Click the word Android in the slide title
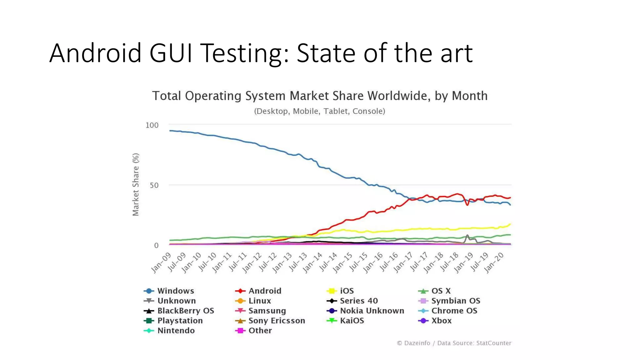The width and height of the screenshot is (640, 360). [95, 53]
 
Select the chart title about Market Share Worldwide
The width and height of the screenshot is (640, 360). [319, 96]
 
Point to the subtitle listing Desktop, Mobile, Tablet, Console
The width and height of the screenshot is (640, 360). [319, 111]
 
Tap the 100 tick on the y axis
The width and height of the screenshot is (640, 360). [152, 125]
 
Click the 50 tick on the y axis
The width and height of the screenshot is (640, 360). [154, 185]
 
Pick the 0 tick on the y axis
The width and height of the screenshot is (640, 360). [156, 246]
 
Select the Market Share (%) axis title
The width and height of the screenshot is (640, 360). [136, 184]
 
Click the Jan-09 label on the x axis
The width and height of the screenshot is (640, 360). [161, 263]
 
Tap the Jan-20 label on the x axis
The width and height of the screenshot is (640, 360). [494, 263]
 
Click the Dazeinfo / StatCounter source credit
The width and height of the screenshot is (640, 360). [454, 343]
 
